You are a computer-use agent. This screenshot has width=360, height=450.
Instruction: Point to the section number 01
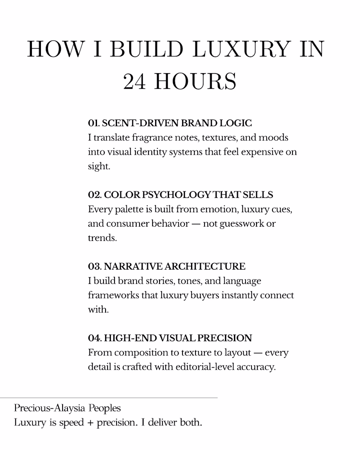click(93, 123)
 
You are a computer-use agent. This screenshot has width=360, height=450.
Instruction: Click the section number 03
click(94, 266)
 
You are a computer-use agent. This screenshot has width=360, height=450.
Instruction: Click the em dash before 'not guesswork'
click(196, 224)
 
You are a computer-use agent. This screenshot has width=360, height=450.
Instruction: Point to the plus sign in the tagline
click(90, 422)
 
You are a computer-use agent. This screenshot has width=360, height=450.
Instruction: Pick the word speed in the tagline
click(71, 422)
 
